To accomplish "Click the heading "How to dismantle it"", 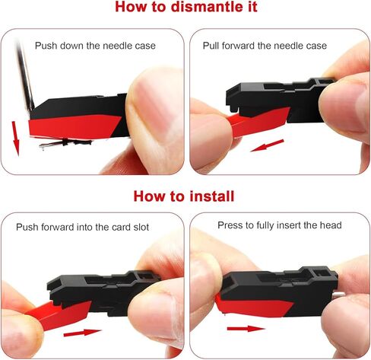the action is [186, 7].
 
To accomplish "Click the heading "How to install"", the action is [184, 196].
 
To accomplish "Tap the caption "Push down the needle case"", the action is [95, 46].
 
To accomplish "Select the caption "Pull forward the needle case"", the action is [265, 46].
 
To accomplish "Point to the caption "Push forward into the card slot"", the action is [82, 227].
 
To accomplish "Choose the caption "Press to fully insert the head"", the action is [280, 225].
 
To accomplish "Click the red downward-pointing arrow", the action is [16, 139].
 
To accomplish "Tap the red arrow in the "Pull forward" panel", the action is [267, 145].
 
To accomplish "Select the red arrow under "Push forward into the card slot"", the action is [82, 333].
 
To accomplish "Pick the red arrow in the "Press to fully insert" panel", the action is [246, 329].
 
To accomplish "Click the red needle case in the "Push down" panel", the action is [74, 127].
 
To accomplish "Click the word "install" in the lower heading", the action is [212, 196].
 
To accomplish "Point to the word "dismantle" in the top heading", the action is [205, 7].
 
